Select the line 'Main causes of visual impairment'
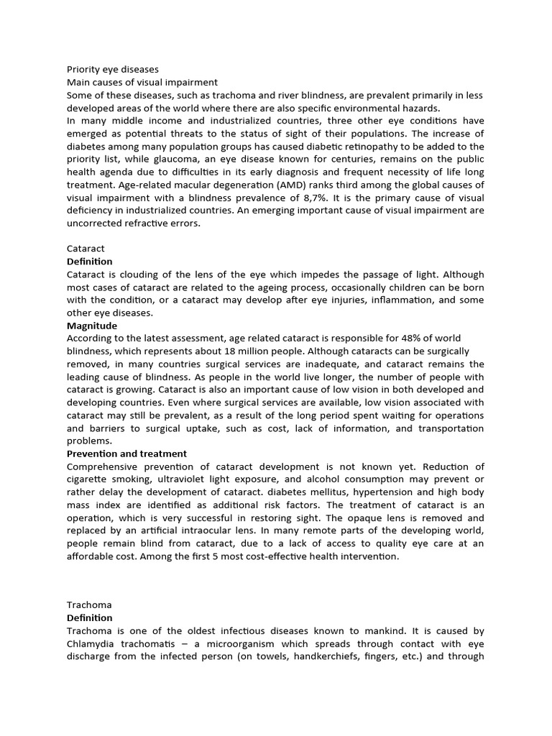pos(142,83)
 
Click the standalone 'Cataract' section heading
pos(86,249)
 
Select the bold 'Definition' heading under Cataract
pos(90,262)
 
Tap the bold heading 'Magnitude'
pos(92,326)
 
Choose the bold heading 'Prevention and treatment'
pos(126,454)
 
